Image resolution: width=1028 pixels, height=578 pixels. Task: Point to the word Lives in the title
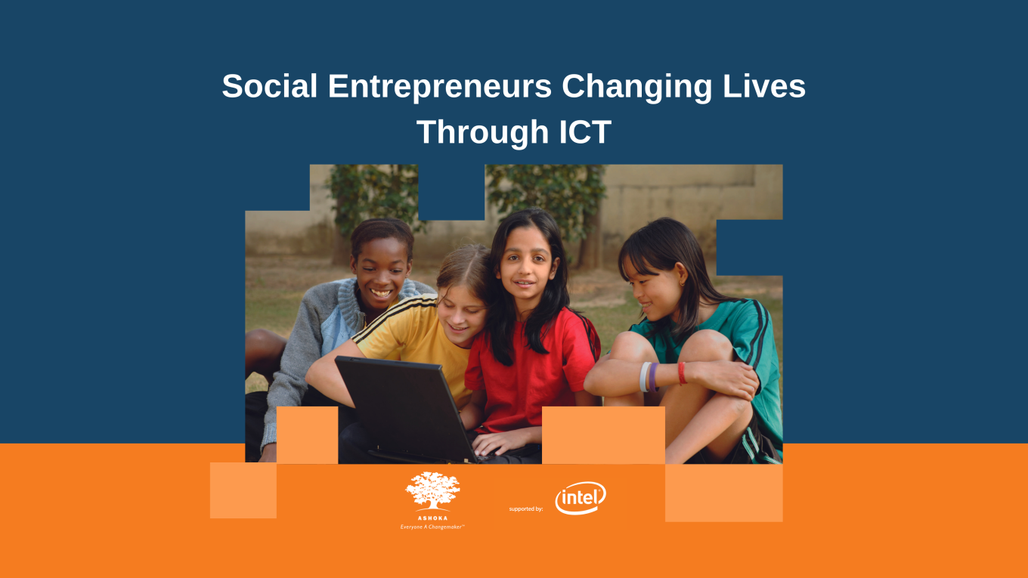tap(764, 87)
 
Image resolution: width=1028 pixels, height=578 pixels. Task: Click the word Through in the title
tap(482, 132)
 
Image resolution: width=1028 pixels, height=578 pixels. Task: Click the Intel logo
tap(581, 498)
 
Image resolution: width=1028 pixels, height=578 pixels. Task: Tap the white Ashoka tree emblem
tap(432, 491)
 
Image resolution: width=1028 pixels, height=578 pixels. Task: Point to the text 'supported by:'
tap(526, 509)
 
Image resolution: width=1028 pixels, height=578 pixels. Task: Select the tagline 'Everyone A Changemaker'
tap(432, 527)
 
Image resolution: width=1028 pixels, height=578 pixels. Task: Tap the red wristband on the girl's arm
tap(682, 372)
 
